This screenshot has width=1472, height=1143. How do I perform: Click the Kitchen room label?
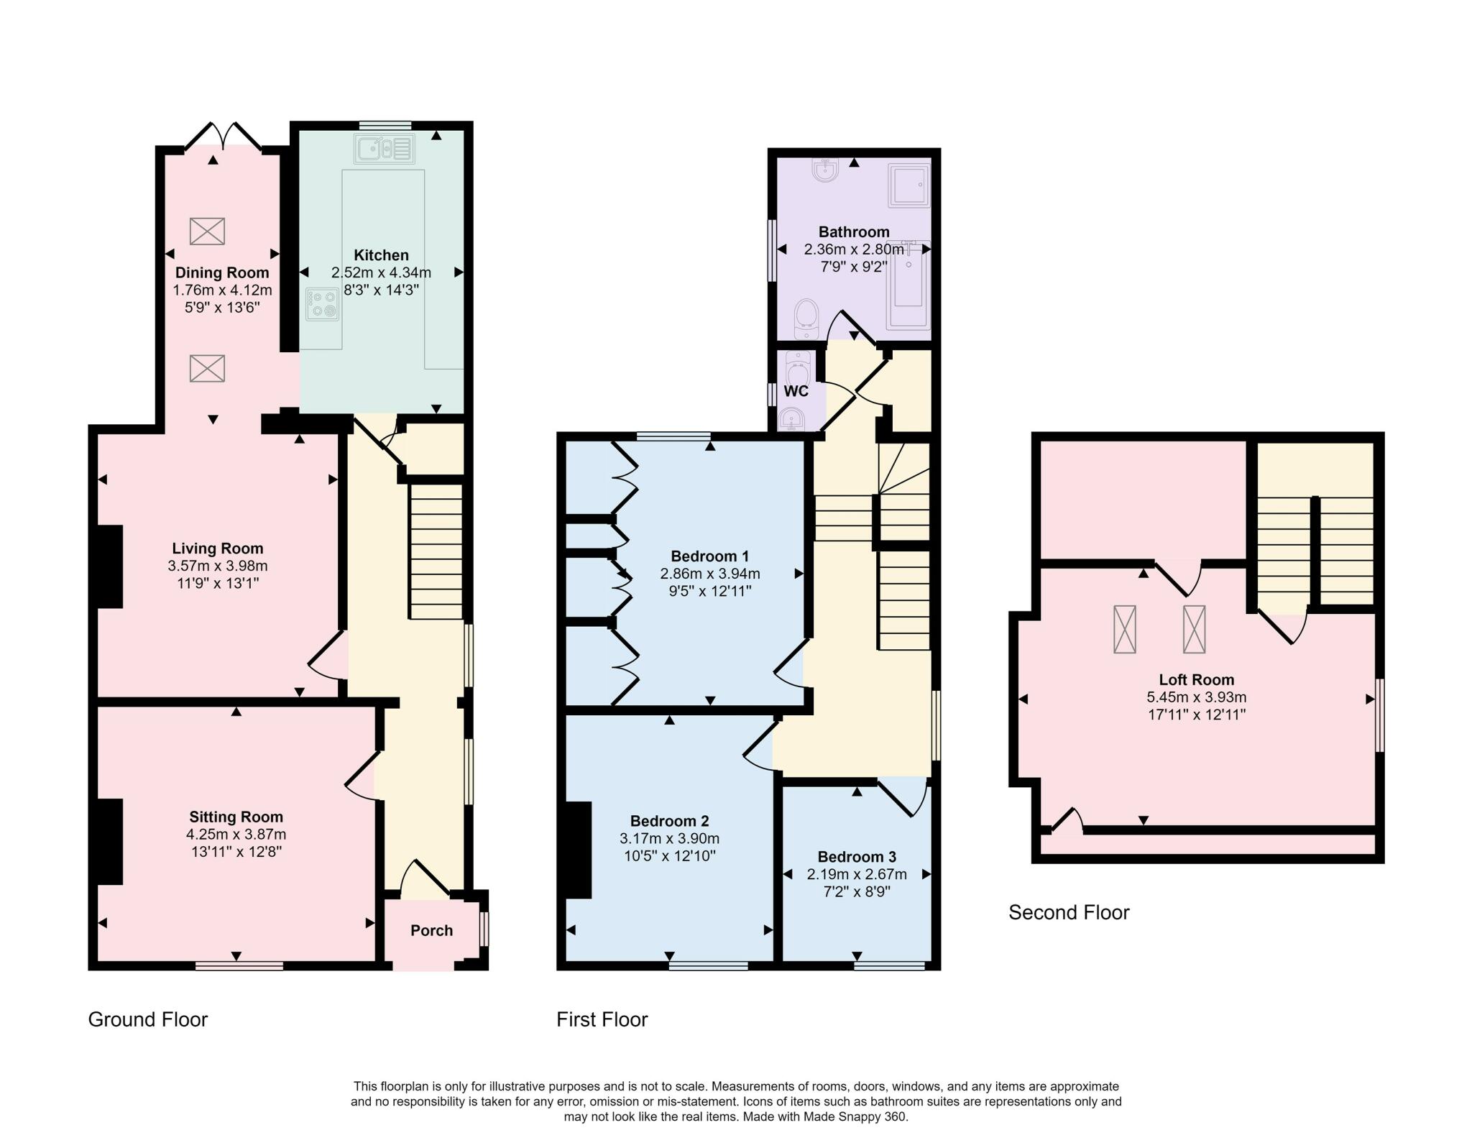(381, 255)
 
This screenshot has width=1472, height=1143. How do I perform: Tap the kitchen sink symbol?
(384, 150)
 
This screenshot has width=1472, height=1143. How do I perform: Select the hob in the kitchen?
(323, 304)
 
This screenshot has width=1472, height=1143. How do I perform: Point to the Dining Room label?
(222, 273)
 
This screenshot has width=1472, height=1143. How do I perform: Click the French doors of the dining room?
(223, 136)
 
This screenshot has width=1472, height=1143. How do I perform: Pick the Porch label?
(431, 931)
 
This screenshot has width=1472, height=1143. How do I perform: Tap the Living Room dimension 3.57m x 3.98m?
(218, 566)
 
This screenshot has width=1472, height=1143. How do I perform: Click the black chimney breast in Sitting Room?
(110, 841)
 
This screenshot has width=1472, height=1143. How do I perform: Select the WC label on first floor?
(796, 392)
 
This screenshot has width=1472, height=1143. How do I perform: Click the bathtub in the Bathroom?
(909, 285)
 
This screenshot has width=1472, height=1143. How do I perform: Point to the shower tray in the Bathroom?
(909, 185)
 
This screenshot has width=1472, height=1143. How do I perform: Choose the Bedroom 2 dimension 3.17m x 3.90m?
(669, 839)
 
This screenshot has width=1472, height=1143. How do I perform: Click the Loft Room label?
(1196, 680)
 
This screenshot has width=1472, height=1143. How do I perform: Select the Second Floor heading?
(1069, 913)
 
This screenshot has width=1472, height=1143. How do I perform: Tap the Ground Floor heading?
(148, 1020)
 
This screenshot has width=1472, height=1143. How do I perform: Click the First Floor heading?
(602, 1020)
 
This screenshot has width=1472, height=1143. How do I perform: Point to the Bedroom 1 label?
(710, 556)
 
